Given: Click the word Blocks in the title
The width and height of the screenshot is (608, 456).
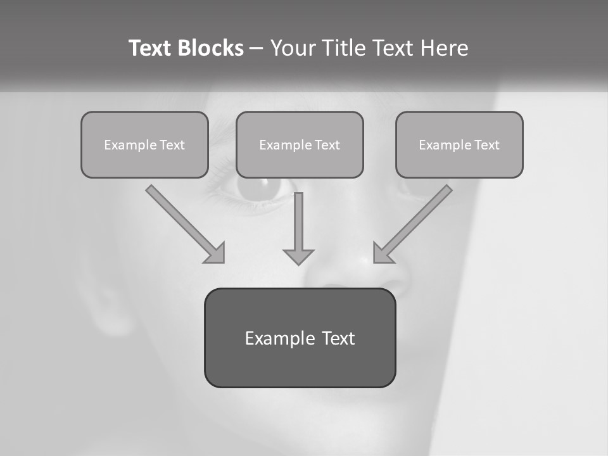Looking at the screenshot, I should click(x=212, y=48).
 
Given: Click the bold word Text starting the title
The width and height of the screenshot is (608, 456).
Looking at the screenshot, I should click(x=151, y=48).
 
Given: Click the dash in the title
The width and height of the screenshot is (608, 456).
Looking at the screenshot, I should click(x=256, y=49).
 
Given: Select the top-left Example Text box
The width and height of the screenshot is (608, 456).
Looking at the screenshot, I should click(x=144, y=144).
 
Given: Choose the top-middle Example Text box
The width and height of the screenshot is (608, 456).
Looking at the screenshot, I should click(x=300, y=144).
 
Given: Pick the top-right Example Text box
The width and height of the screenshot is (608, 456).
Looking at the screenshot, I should click(x=459, y=144).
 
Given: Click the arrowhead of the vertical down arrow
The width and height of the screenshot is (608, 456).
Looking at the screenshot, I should click(x=298, y=256).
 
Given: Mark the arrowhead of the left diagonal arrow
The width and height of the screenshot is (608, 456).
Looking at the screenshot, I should click(x=216, y=253).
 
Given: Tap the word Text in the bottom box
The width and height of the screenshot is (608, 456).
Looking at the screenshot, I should click(x=338, y=338).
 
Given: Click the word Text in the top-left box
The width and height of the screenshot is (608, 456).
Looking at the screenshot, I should click(x=172, y=145).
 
